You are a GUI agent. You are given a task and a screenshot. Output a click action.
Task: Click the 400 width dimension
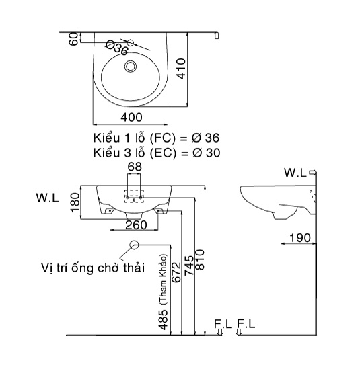(135, 117)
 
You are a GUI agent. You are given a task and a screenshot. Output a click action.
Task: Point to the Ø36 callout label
(117, 48)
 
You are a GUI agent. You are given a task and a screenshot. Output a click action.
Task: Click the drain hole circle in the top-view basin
(131, 67)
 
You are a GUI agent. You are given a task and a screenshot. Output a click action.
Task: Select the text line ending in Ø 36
(156, 137)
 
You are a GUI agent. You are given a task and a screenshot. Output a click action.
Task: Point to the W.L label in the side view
(294, 173)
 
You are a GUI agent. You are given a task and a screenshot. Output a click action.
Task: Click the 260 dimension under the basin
(135, 225)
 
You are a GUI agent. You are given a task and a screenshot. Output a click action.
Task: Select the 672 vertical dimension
(177, 274)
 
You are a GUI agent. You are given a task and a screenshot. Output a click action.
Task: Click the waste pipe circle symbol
(134, 245)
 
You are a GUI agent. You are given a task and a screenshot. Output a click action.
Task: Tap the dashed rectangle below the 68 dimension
(135, 192)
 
